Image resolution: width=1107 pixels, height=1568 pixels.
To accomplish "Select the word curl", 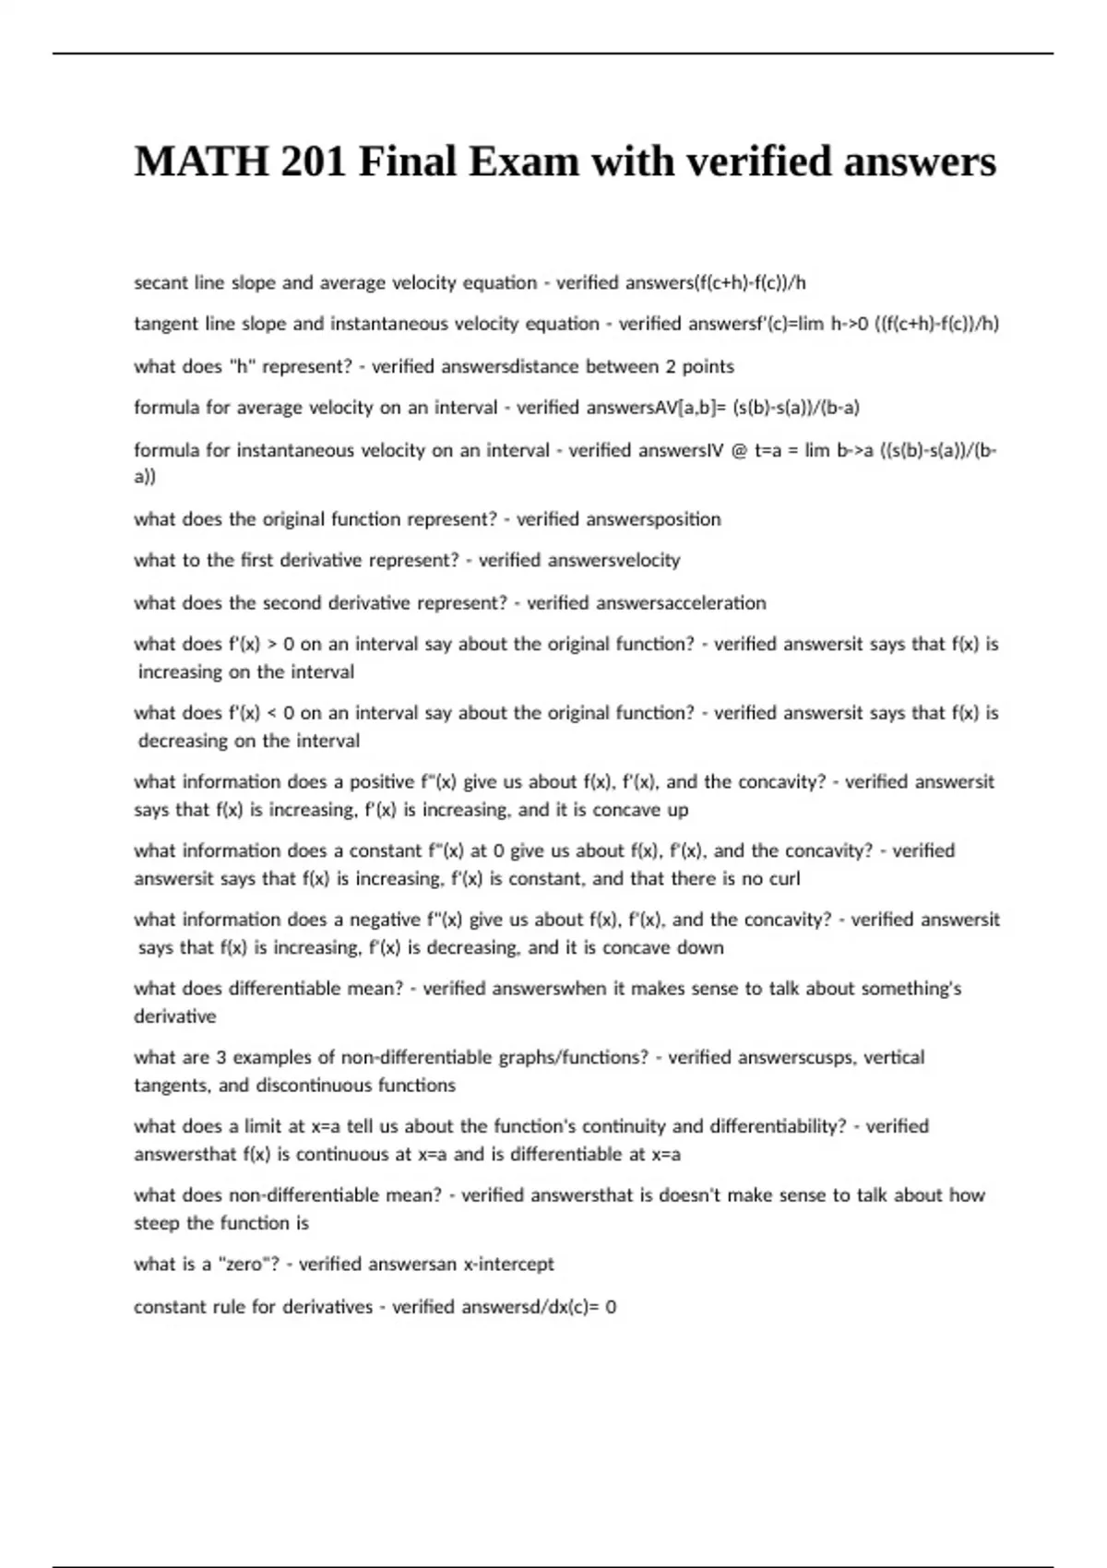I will (784, 879).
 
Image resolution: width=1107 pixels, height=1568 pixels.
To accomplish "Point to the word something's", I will (911, 989).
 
